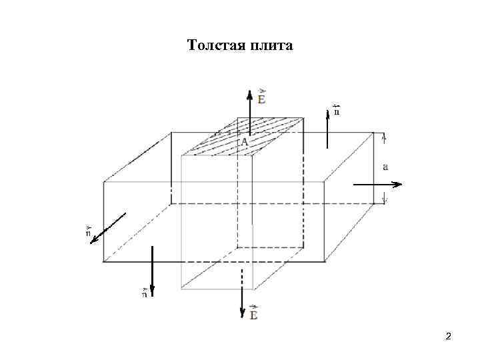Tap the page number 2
coord(449,336)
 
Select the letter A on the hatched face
coord(244,142)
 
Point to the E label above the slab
coord(261,97)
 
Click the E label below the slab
coord(253,312)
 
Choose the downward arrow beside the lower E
coord(243,293)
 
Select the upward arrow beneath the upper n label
coord(327,130)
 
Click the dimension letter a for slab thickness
coord(385,167)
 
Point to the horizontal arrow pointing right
coord(377,184)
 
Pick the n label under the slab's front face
coord(145,291)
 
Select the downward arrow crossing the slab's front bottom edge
coord(153,271)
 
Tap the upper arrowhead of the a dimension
coord(385,137)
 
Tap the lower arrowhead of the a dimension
coord(385,199)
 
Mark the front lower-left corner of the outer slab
coord(103,262)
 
